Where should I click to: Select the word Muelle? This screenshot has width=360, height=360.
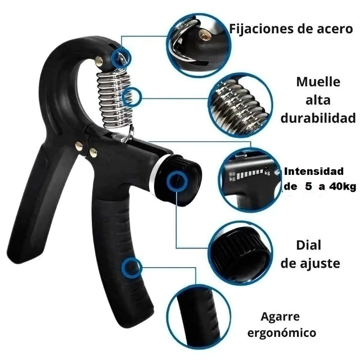(x=318, y=82)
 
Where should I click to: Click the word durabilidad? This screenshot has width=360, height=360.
(x=318, y=118)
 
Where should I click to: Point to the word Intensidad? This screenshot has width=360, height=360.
(x=314, y=171)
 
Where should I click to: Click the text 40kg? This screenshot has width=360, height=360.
(x=343, y=187)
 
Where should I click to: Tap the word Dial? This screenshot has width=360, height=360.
(x=308, y=245)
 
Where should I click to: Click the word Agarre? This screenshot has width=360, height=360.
(x=280, y=317)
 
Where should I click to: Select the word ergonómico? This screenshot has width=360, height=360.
(x=282, y=332)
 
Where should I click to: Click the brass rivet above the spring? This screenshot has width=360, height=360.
(x=99, y=61)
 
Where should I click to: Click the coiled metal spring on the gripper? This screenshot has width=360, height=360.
(x=113, y=99)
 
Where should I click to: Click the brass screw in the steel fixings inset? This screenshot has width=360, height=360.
(x=203, y=35)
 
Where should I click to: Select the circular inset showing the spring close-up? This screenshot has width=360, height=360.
(x=241, y=105)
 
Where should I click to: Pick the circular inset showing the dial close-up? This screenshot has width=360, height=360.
(x=241, y=254)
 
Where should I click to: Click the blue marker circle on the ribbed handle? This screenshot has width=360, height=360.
(x=131, y=268)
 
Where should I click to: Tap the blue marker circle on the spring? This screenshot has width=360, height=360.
(x=131, y=97)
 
